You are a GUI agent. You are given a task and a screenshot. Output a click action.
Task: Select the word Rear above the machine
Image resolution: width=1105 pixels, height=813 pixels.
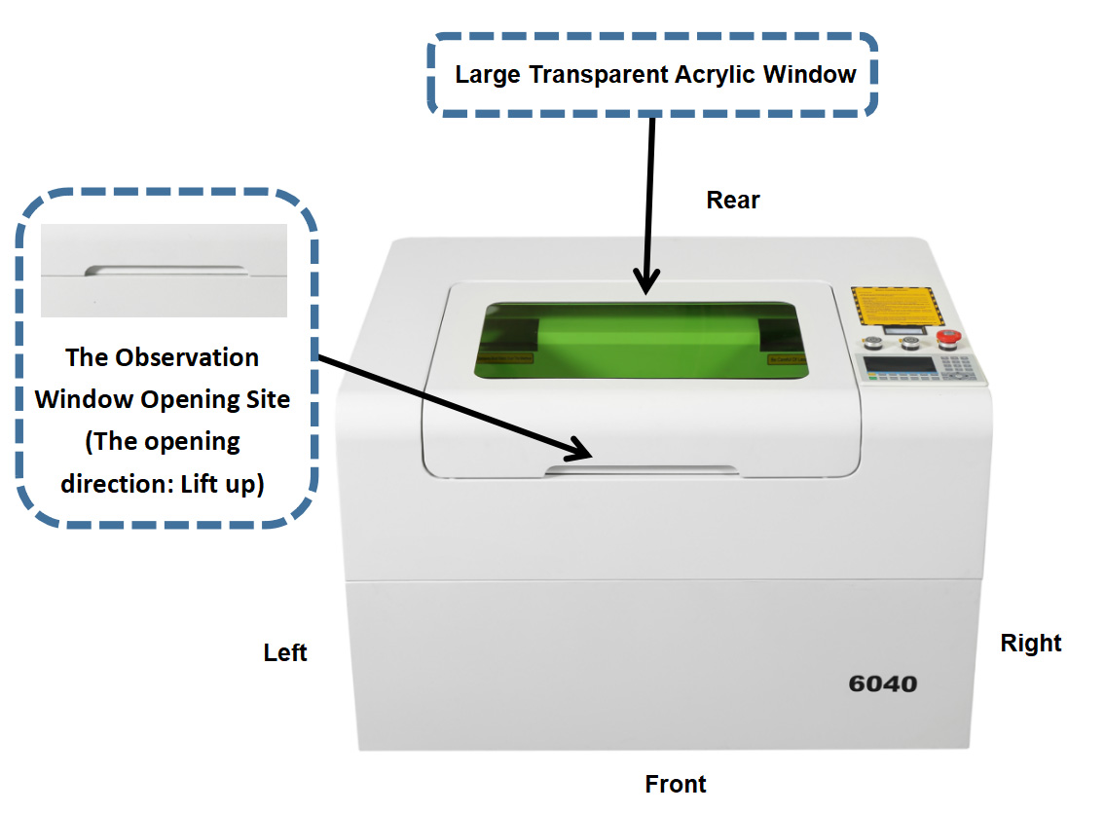(x=732, y=201)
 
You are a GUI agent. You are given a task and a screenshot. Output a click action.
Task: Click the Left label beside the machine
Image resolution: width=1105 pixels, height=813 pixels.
(x=285, y=652)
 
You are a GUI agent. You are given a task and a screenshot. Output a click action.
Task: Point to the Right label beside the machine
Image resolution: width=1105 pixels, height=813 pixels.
(x=1031, y=644)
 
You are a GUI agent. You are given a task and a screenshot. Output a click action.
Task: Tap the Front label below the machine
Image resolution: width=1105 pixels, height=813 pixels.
(x=676, y=784)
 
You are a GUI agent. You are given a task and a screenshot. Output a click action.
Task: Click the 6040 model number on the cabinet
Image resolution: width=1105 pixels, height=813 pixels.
(x=882, y=684)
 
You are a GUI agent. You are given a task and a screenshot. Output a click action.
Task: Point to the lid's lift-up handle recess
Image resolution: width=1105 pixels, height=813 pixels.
(x=642, y=471)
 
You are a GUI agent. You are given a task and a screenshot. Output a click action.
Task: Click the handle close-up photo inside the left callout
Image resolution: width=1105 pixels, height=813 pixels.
(x=164, y=271)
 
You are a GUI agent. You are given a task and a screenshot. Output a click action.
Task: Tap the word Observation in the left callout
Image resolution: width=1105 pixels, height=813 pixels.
(x=187, y=357)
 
